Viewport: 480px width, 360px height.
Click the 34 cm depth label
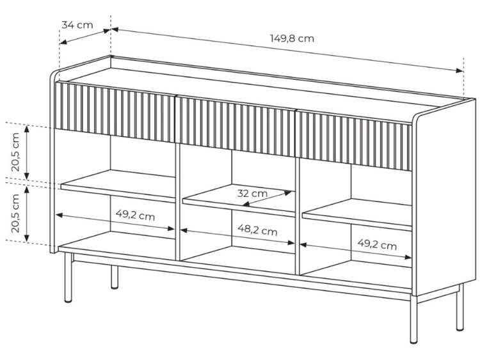77,25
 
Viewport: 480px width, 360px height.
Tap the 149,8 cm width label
292,38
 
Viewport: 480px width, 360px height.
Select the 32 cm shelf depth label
252,193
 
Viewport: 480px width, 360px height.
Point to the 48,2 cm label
257,230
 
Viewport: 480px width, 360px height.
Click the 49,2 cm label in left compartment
135,215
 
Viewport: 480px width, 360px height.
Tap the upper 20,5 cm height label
15,152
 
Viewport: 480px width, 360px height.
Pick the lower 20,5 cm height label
15,213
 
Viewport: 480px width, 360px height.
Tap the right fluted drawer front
353,140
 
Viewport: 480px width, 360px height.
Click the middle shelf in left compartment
118,186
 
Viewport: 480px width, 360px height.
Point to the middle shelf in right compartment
357,214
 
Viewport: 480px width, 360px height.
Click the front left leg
68,278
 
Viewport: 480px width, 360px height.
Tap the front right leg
414,318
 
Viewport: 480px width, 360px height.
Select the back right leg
460,307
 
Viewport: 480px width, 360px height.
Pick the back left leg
114,277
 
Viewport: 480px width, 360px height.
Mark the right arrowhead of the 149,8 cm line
460,70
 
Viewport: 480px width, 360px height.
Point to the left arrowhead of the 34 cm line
63,42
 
